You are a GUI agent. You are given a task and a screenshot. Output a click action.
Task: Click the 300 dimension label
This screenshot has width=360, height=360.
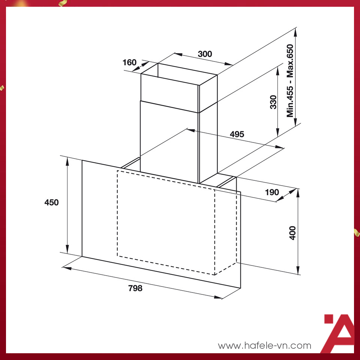(x=205, y=54)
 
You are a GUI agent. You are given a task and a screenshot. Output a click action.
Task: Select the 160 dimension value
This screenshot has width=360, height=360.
(x=130, y=62)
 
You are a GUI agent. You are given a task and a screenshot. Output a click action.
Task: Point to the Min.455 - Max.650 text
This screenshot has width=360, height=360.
(x=290, y=81)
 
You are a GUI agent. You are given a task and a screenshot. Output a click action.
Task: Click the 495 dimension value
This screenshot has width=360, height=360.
(x=237, y=134)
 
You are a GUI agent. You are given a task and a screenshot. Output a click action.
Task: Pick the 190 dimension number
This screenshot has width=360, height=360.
(x=272, y=192)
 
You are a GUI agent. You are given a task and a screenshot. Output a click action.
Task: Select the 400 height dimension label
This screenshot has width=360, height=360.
(x=292, y=233)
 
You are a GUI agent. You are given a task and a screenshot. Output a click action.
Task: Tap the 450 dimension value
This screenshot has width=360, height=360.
(x=51, y=202)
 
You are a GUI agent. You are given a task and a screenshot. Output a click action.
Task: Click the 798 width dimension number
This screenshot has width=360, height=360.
(x=135, y=288)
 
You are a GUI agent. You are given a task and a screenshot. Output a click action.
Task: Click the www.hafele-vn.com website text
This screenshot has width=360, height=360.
(x=264, y=345)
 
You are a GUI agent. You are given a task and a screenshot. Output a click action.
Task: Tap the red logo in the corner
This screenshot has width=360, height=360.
(x=338, y=333)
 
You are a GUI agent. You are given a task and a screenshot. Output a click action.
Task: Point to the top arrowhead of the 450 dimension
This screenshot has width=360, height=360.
(x=67, y=161)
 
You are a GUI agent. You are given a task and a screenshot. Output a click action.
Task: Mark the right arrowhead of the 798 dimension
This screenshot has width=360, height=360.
(x=219, y=297)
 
